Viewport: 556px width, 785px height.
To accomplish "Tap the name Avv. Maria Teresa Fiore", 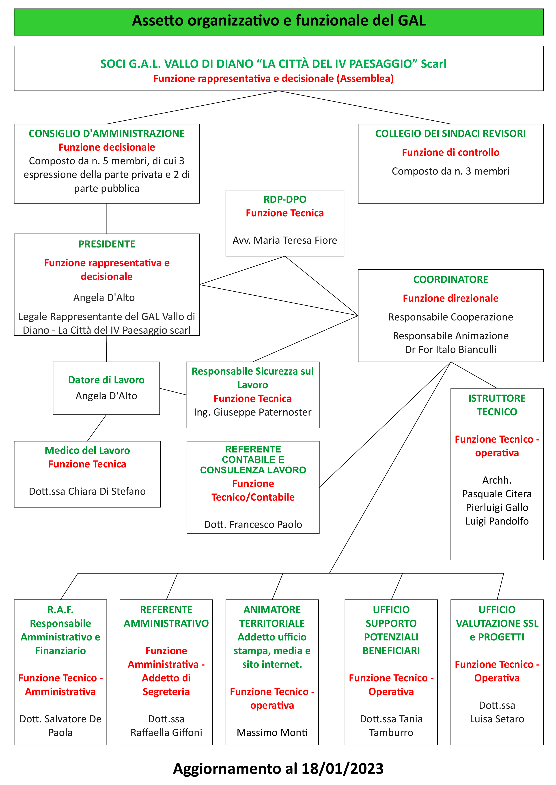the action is [285, 240].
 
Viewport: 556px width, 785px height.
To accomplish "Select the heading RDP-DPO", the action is [285, 199].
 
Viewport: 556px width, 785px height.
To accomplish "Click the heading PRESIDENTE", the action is [107, 244].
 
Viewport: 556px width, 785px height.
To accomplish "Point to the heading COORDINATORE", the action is [450, 279].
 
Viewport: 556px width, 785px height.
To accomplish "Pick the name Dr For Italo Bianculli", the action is [450, 349].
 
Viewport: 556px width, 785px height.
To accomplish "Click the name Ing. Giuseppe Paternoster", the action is [253, 412].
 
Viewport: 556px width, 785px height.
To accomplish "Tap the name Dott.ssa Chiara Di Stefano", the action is [87, 491].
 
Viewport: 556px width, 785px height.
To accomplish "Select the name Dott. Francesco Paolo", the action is [253, 525].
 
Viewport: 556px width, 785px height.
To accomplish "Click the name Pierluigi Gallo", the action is [497, 507].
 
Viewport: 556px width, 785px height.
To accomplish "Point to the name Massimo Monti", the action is [272, 732].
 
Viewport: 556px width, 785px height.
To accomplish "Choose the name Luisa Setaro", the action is [497, 719].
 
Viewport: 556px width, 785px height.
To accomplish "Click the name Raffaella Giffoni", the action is [166, 732].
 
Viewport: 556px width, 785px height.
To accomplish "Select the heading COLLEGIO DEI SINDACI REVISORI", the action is [450, 133].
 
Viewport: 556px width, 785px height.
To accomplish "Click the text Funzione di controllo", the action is [450, 152].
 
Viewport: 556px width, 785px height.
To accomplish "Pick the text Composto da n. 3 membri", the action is [450, 171].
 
